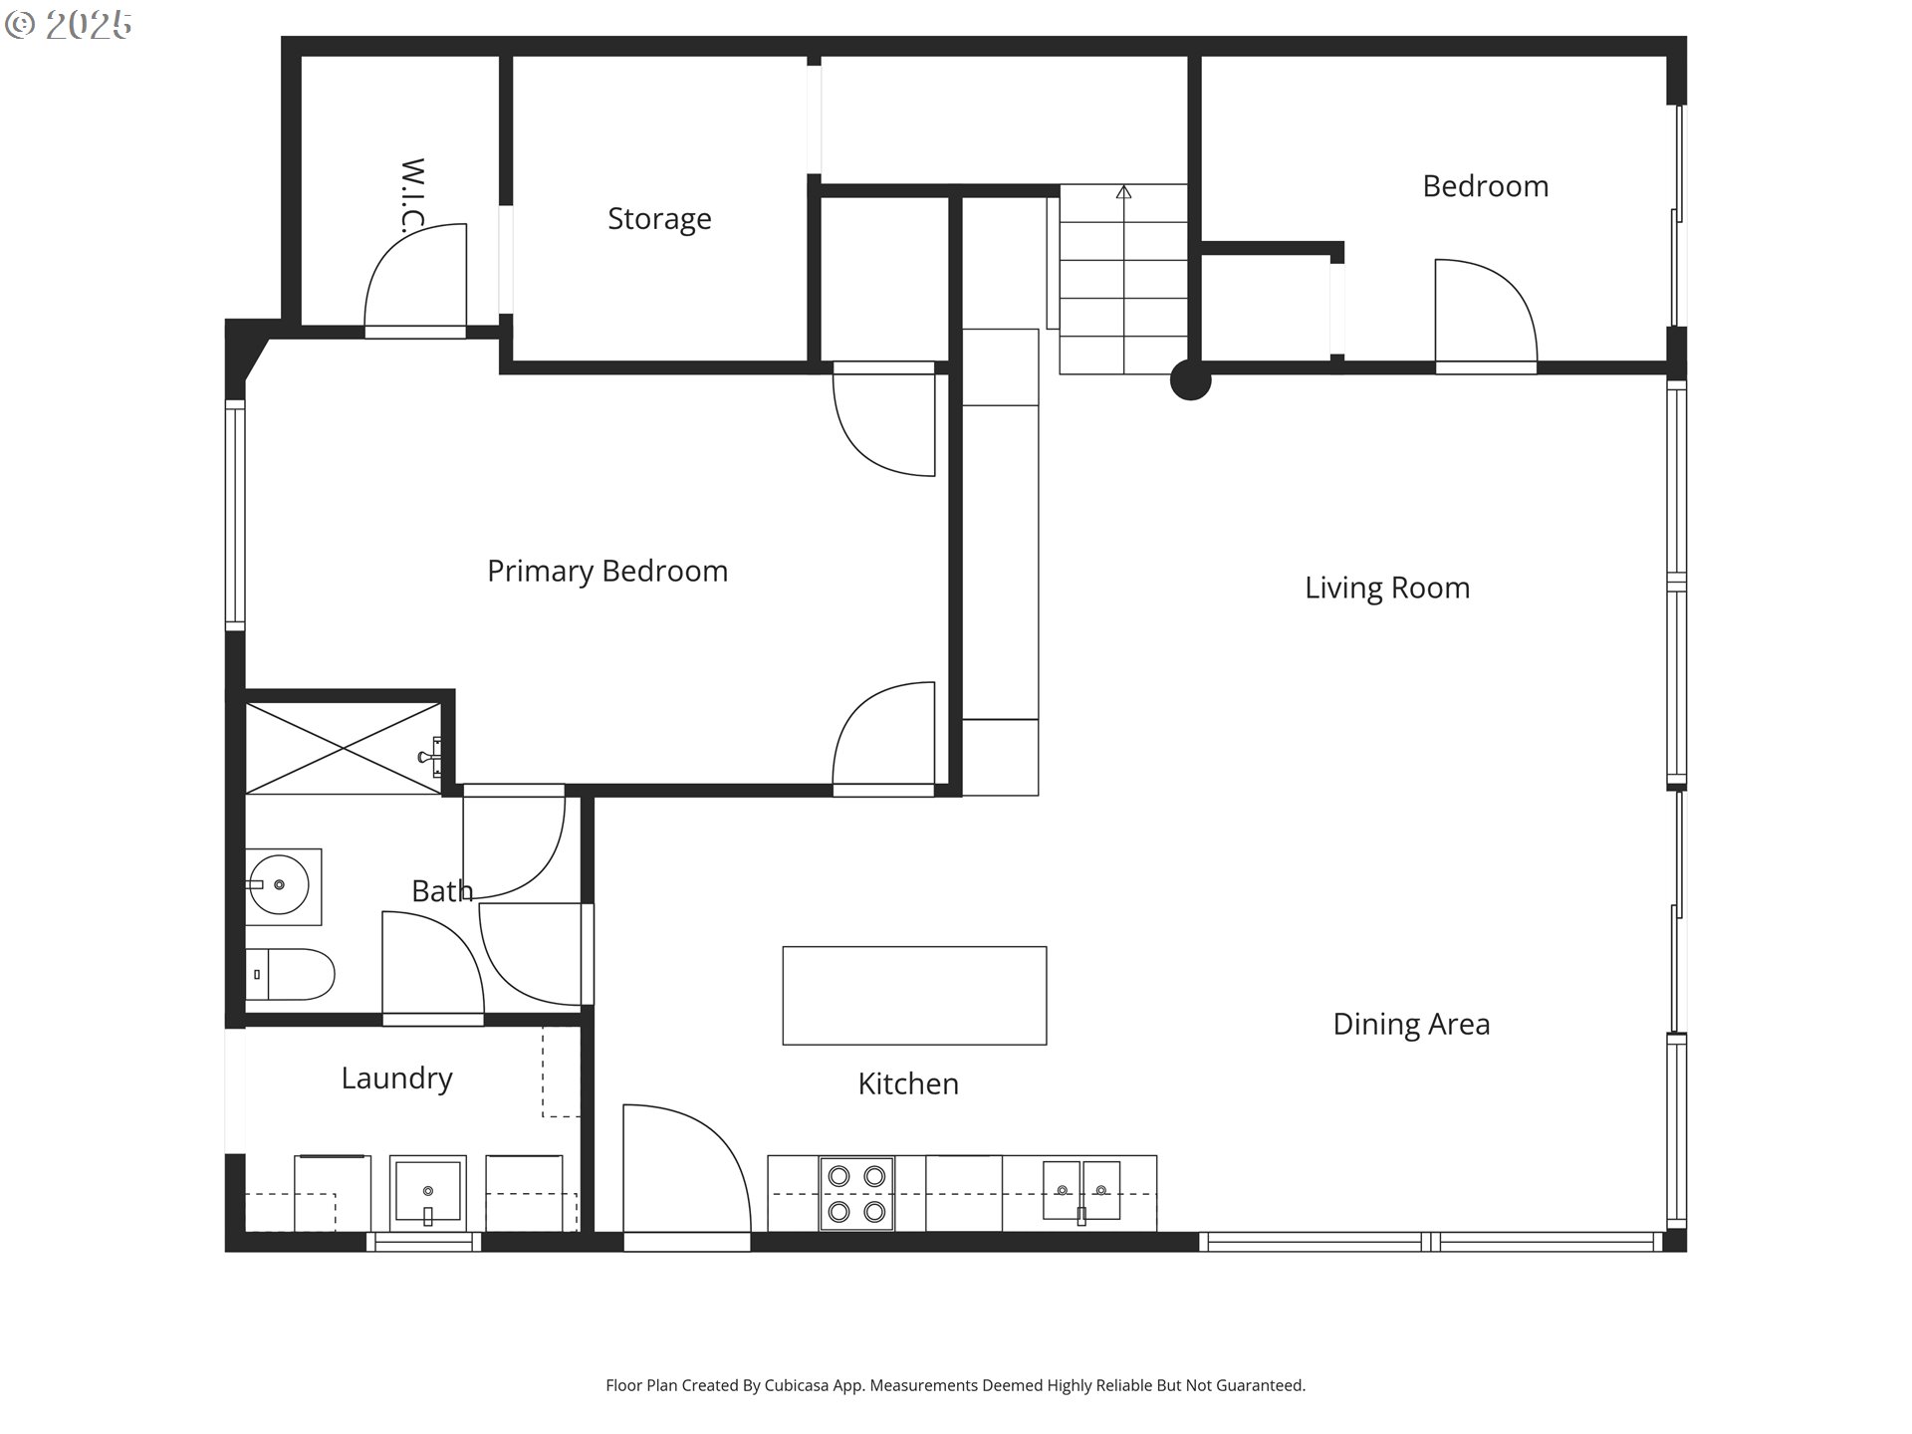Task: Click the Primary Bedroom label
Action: click(607, 572)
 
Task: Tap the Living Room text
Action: click(1387, 589)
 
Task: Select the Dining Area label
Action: click(1411, 1025)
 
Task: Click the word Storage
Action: click(659, 219)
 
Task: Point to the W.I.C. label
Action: click(412, 195)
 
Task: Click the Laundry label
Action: click(396, 1078)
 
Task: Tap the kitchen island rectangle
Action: click(914, 996)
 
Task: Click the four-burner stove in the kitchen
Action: click(856, 1194)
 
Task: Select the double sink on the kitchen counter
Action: click(1081, 1191)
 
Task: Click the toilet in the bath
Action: click(290, 975)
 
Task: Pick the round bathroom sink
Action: click(279, 884)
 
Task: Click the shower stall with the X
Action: click(343, 749)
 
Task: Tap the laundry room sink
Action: click(427, 1192)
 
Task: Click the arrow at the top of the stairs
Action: click(1124, 192)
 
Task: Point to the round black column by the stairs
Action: click(1190, 379)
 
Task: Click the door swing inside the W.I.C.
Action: click(416, 279)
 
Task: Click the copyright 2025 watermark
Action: click(69, 25)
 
